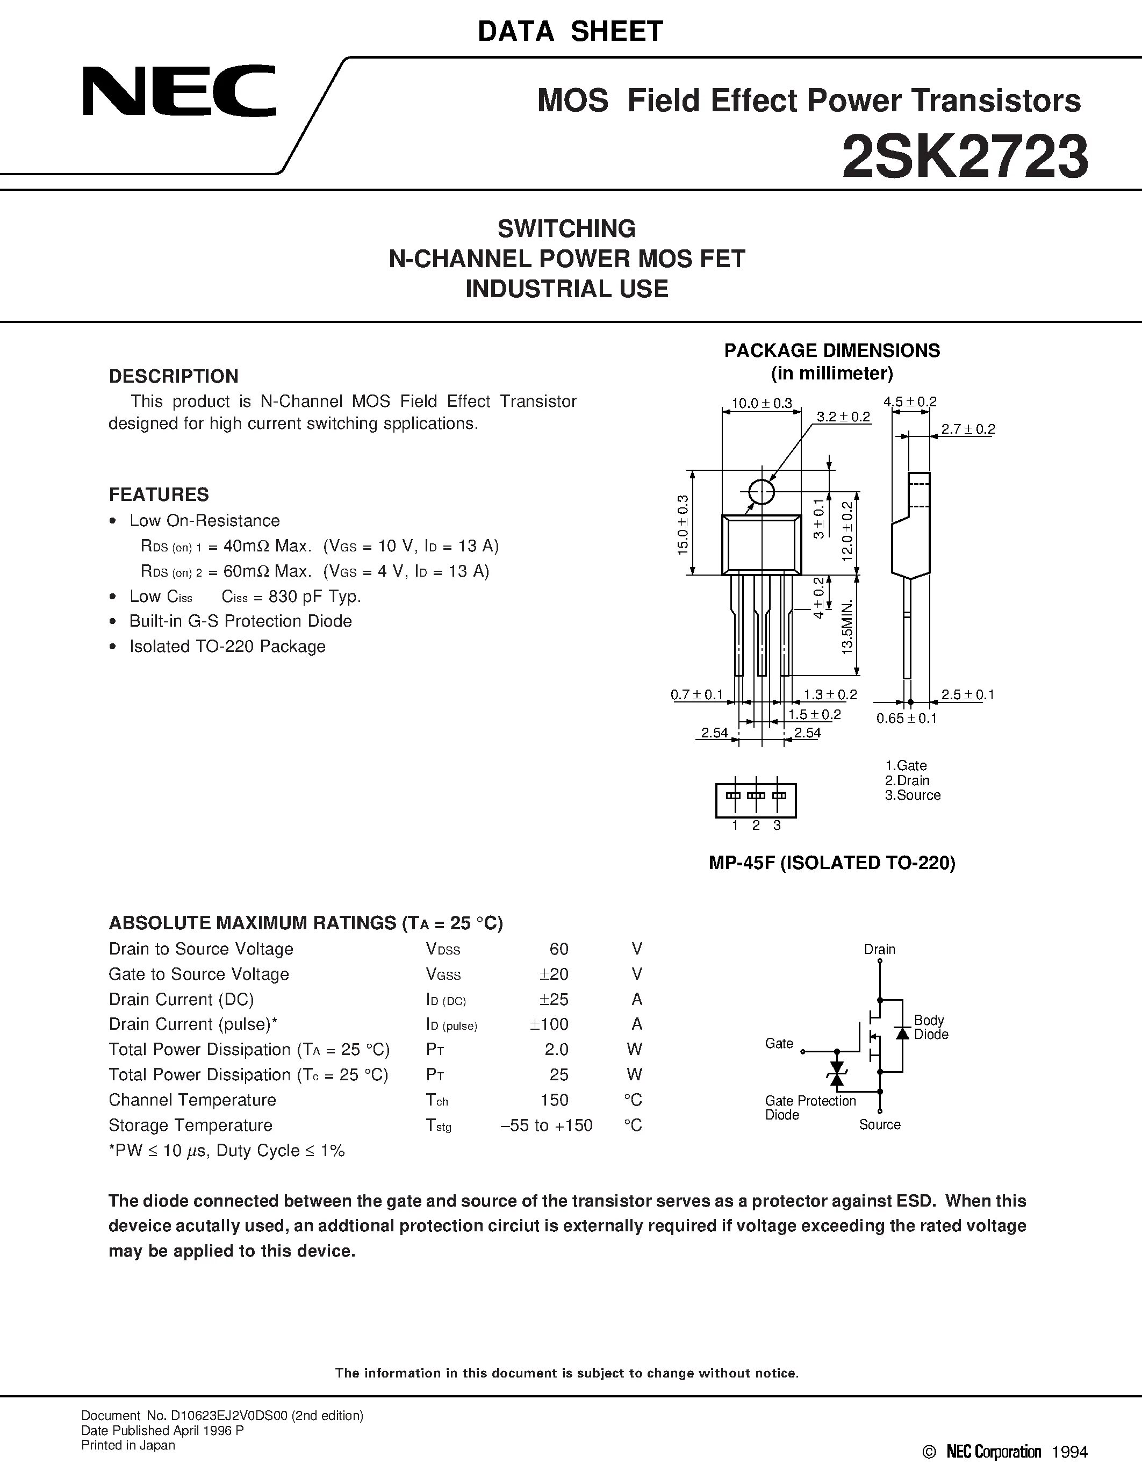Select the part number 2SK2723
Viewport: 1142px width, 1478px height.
click(965, 156)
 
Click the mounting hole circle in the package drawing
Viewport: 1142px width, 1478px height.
click(762, 492)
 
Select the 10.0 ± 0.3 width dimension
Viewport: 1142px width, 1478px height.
click(762, 403)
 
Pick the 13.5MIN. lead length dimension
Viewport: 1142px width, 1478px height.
click(847, 626)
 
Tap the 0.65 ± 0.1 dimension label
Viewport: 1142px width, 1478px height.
click(907, 719)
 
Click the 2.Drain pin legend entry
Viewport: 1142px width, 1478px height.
click(907, 780)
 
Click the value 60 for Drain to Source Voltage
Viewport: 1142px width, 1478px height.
click(559, 949)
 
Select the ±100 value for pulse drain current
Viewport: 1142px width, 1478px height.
click(549, 1024)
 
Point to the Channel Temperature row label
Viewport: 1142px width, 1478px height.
click(192, 1100)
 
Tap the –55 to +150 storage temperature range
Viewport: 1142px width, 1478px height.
click(546, 1125)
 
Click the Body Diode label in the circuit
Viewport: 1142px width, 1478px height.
click(931, 1027)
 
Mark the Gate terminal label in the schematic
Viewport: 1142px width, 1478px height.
click(779, 1044)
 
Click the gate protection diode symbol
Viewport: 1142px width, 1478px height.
click(837, 1073)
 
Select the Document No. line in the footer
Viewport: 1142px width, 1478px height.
click(222, 1415)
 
